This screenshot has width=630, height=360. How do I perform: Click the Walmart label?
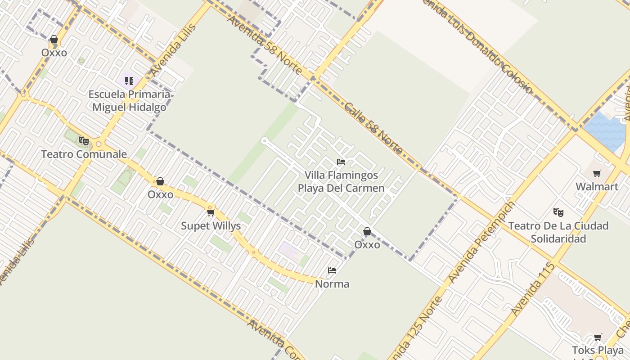click(x=597, y=186)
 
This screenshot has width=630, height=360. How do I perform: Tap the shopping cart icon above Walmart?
click(x=597, y=173)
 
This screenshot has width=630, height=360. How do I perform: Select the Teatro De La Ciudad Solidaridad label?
click(x=558, y=232)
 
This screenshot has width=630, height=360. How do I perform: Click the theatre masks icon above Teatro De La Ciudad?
click(x=558, y=212)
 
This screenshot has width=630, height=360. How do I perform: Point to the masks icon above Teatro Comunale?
click(x=84, y=141)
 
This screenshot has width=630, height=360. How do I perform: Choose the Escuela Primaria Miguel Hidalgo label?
click(x=129, y=101)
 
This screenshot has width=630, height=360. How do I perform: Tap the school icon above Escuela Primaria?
click(x=129, y=81)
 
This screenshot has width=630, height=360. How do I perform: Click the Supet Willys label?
click(x=211, y=226)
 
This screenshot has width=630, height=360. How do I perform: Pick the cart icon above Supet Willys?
click(x=211, y=212)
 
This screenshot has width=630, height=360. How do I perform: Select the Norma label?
click(x=332, y=284)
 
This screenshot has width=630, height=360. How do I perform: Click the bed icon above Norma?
click(x=332, y=270)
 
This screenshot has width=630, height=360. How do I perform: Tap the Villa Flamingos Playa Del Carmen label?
click(x=341, y=181)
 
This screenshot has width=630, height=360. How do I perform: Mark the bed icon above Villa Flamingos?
click(x=341, y=162)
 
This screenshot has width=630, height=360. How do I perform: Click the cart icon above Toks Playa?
click(x=598, y=337)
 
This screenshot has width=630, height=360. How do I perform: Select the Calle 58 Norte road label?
click(x=373, y=129)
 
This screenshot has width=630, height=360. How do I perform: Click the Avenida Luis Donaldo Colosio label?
click(x=477, y=45)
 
